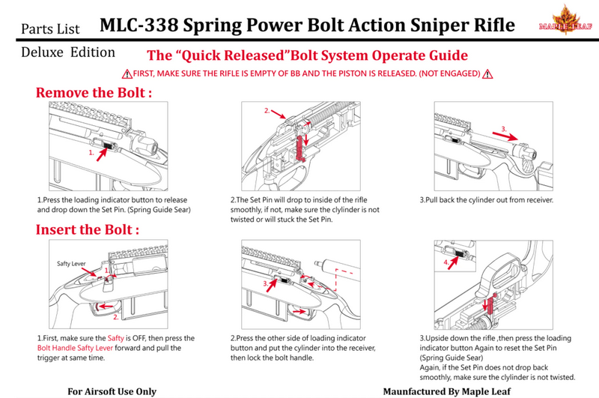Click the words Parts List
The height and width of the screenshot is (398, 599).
click(52, 29)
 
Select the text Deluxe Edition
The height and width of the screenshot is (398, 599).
click(68, 53)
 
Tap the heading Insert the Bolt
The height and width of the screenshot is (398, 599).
click(88, 229)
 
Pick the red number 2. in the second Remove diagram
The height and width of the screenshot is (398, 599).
click(267, 111)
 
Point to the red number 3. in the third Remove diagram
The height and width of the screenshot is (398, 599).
click(504, 129)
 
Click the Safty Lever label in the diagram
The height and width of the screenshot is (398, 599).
click(71, 264)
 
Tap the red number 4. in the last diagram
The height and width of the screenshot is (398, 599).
click(448, 263)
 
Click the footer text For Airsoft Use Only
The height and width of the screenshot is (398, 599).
click(112, 391)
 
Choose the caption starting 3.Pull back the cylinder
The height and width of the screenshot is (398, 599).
click(486, 201)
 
